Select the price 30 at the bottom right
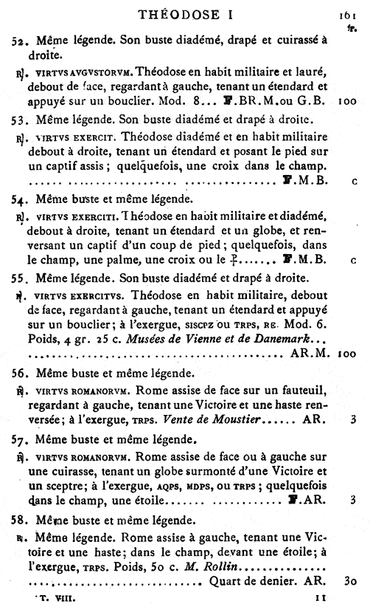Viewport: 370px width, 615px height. click(x=350, y=580)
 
